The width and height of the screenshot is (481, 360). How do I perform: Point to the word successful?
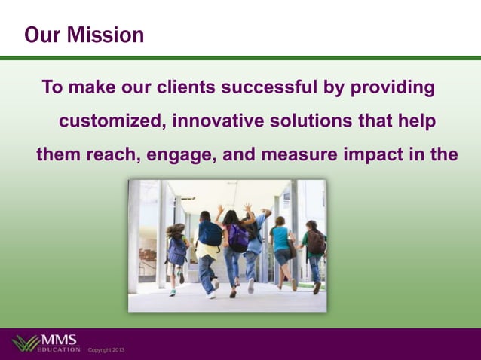coord(268,88)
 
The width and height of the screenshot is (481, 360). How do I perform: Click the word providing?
coord(391,88)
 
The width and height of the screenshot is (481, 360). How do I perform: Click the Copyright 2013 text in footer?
coord(106,351)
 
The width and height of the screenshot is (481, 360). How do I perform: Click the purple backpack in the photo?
coord(238,237)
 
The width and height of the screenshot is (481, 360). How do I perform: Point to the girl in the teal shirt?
coord(282,241)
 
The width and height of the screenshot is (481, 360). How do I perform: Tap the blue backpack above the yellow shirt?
coord(210,233)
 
